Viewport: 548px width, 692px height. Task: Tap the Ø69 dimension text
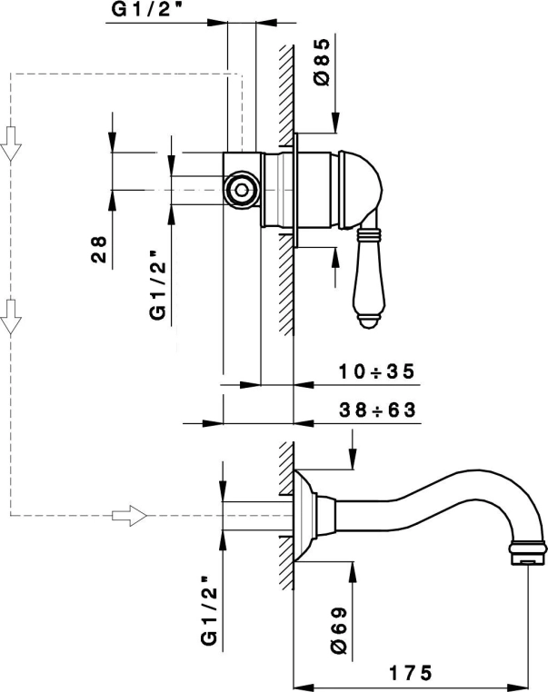[x=336, y=626]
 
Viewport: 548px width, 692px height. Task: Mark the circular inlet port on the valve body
[x=242, y=190]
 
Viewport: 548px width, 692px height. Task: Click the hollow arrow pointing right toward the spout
[x=128, y=516]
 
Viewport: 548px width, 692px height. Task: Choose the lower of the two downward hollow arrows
[x=11, y=316]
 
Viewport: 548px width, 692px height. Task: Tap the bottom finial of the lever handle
[x=367, y=319]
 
